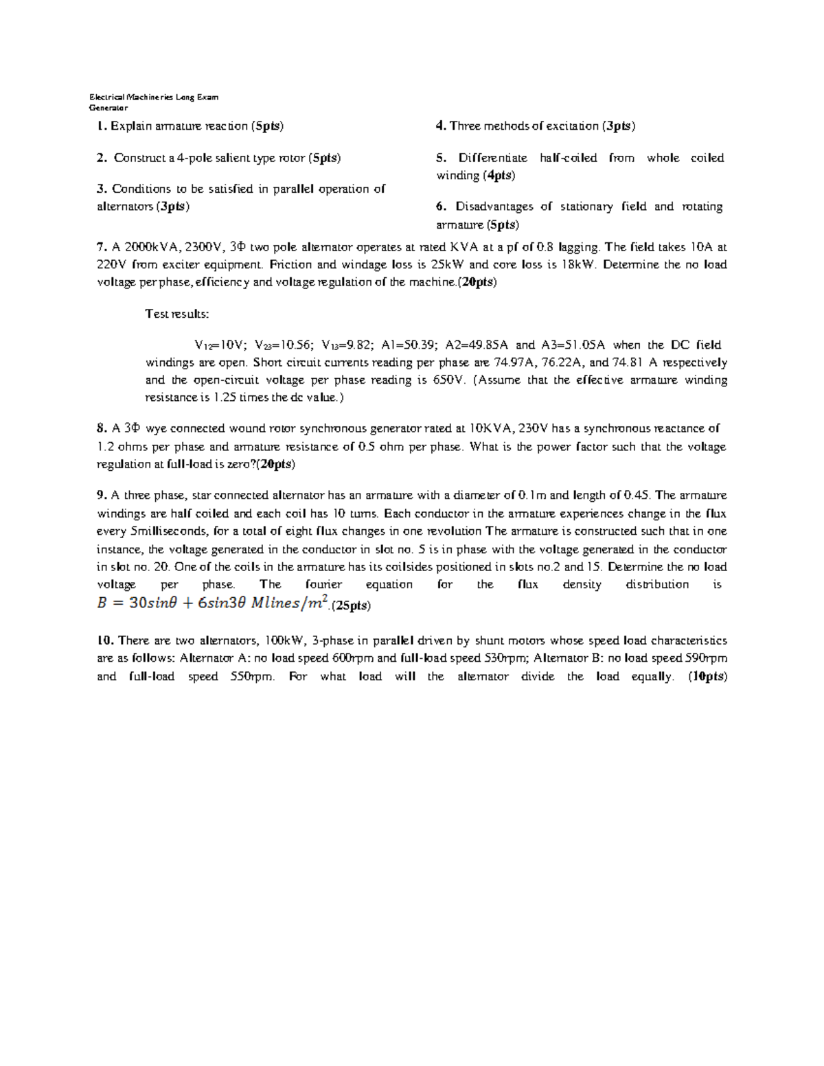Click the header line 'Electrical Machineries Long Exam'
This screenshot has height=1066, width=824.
[154, 97]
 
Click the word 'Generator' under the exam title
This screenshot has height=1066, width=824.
[108, 108]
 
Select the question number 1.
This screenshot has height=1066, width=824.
[101, 126]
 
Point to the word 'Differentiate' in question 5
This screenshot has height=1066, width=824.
[493, 158]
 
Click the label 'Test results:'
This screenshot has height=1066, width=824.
[177, 314]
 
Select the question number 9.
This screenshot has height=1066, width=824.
[102, 496]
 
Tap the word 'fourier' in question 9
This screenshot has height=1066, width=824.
[323, 585]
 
